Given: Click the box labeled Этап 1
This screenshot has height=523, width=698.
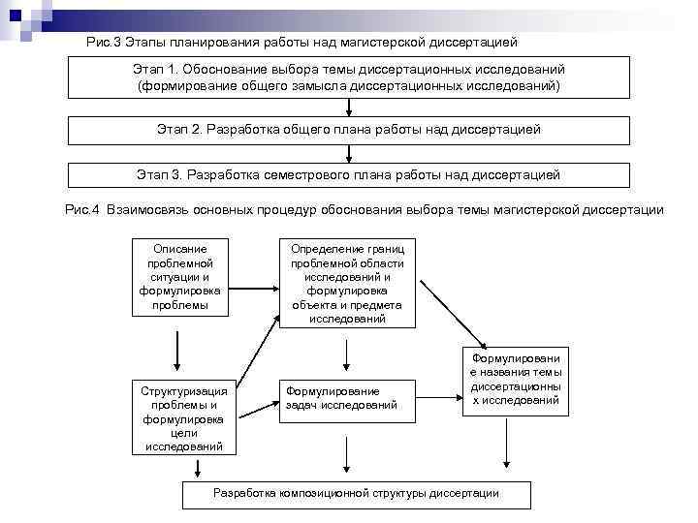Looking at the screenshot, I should (x=348, y=77).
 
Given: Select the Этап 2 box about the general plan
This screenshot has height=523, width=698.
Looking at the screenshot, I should (x=348, y=130).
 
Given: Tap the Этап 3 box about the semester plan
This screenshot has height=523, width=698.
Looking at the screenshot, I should (x=348, y=175).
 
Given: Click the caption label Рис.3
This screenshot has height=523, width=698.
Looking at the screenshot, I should (x=102, y=44).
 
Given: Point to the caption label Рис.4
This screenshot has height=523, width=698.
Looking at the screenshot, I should (x=81, y=209).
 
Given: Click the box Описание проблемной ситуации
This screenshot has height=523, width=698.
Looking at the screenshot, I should (x=179, y=276).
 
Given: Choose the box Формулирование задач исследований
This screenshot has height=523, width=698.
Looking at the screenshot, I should (x=347, y=398).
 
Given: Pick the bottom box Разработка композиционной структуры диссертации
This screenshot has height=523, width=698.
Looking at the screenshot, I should (x=355, y=494).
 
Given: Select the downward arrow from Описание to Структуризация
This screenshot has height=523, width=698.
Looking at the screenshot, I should (x=178, y=347).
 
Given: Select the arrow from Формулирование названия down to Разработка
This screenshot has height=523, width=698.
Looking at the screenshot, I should (x=504, y=448).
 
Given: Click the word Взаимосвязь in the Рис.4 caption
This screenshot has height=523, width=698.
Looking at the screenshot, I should (x=145, y=209).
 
